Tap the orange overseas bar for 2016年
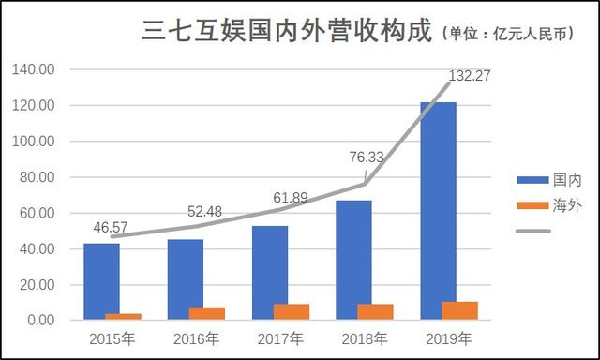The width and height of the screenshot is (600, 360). coord(206,313)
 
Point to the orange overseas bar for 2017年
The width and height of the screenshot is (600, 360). coord(291,311)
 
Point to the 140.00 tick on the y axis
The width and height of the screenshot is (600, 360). coord(35,69)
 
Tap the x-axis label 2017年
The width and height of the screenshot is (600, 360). coord(281,338)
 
